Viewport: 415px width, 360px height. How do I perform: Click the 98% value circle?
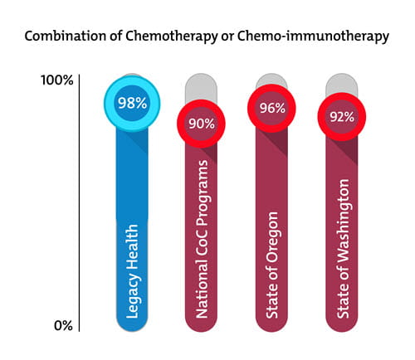[x=131, y=104]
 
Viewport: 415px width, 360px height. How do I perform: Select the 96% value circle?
[x=272, y=109]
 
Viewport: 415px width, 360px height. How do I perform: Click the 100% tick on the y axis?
[x=57, y=80]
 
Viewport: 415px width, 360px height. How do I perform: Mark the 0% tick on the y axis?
[x=63, y=326]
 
